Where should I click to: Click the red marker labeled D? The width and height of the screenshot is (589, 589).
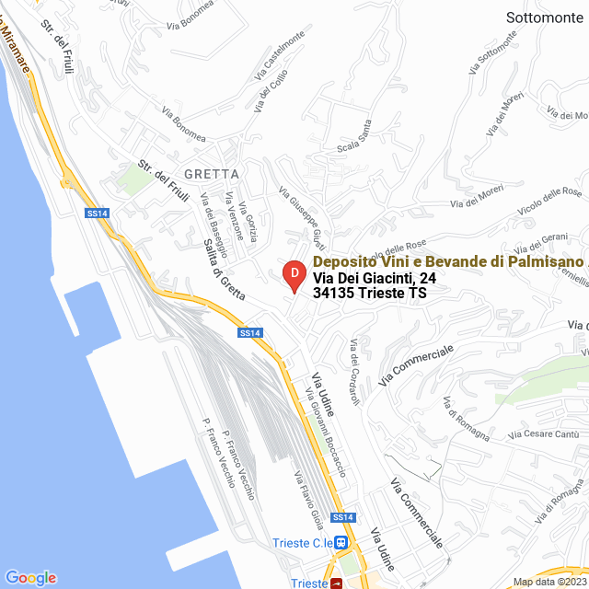(294, 275)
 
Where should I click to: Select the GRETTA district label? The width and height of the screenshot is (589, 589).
(212, 173)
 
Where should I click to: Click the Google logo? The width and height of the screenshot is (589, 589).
(30, 577)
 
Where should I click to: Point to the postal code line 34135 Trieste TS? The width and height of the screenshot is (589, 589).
(369, 293)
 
